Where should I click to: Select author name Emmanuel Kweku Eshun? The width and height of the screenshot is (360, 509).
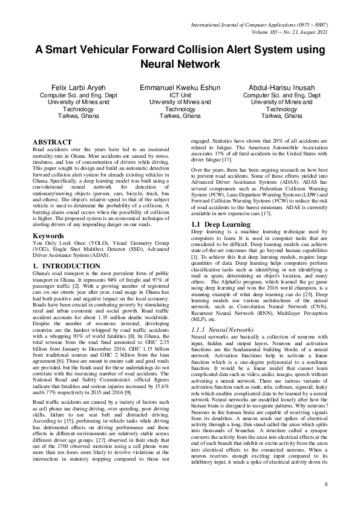click(x=180, y=88)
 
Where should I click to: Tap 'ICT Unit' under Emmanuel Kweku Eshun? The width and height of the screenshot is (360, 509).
click(x=180, y=96)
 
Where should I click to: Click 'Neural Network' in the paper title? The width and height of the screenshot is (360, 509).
click(x=180, y=63)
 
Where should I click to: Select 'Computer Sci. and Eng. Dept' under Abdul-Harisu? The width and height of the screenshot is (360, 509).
click(x=281, y=96)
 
